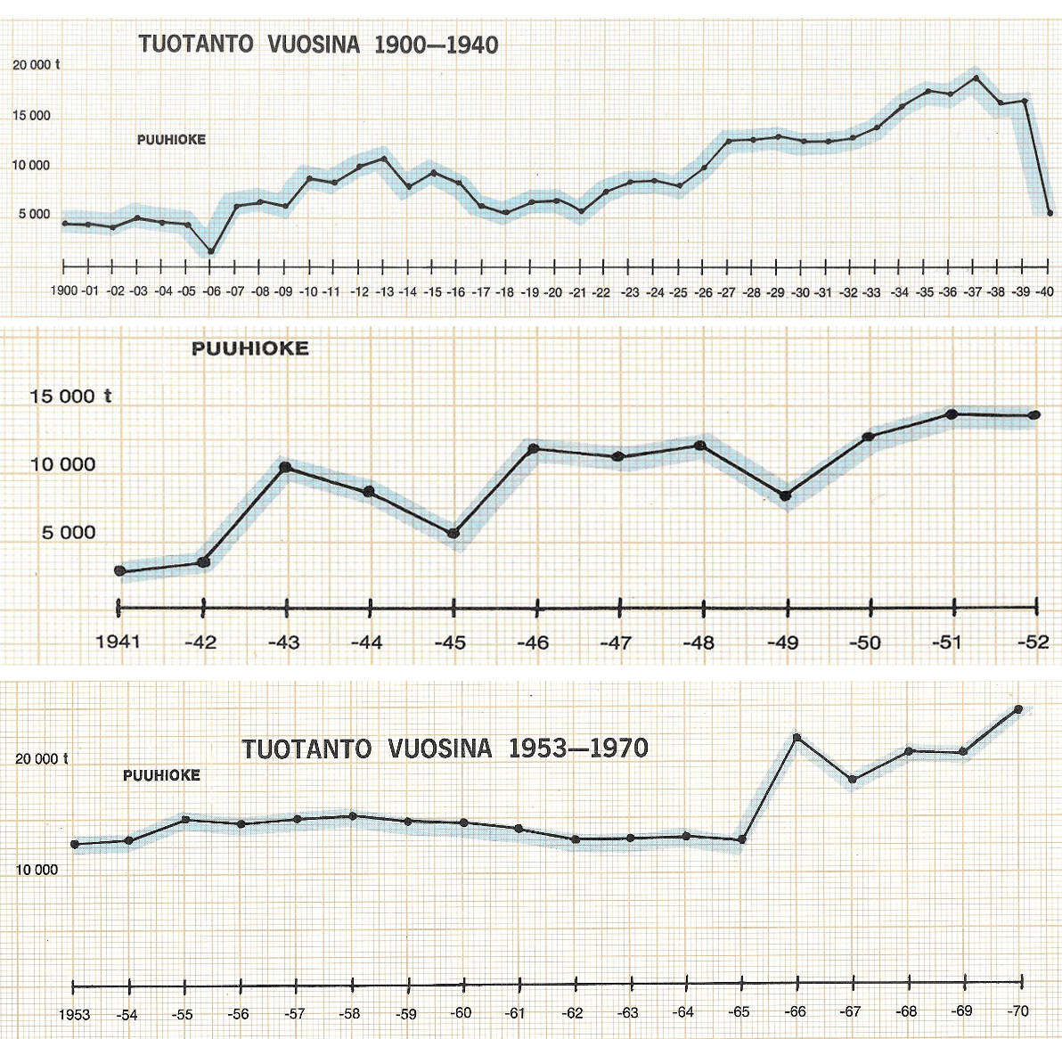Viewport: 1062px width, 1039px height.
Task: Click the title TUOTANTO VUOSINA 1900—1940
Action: coord(318,45)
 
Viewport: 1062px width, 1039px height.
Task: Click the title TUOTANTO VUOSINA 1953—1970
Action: coord(445,748)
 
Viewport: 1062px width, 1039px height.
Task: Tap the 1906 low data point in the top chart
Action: coord(211,251)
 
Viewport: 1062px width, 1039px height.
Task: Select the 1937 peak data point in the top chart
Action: coord(976,78)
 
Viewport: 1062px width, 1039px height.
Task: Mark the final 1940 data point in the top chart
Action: coord(1050,212)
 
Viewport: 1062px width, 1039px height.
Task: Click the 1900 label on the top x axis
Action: coord(63,291)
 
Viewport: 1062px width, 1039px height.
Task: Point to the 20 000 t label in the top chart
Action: coord(37,64)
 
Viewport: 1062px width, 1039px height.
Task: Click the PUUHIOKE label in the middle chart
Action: coord(250,349)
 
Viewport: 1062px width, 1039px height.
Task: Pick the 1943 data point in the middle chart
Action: coord(285,467)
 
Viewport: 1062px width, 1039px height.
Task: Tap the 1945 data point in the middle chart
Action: coord(453,533)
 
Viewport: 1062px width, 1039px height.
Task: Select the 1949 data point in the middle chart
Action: coord(785,495)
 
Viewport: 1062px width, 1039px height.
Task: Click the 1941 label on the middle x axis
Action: coord(118,641)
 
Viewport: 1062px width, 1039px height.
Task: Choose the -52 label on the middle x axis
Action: coord(1034,641)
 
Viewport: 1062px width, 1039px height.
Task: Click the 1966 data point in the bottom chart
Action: coord(796,738)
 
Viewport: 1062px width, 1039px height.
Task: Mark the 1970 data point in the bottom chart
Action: coord(1018,709)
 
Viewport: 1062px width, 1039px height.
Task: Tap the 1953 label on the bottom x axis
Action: coord(75,1014)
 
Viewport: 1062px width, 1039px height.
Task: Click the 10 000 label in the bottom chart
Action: coord(36,870)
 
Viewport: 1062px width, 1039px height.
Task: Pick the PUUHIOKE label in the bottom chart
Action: coord(161,775)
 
